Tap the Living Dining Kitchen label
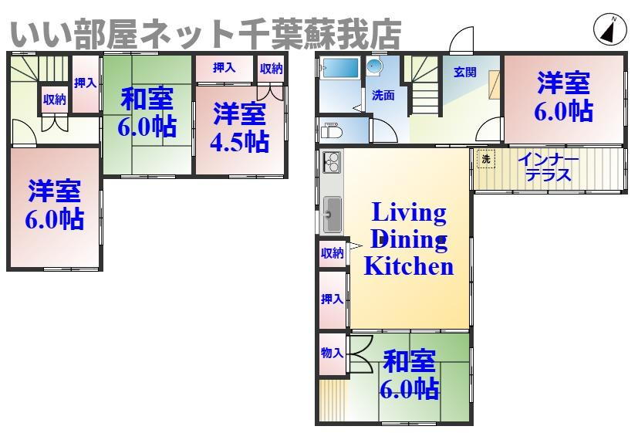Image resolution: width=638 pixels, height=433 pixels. pyautogui.click(x=408, y=239)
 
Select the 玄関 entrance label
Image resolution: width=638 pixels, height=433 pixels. pyautogui.click(x=464, y=73)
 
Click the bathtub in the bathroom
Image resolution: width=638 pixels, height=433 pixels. pyautogui.click(x=339, y=69)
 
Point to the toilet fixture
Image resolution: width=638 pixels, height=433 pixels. pyautogui.click(x=330, y=132)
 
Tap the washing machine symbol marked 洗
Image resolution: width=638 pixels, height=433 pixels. pyautogui.click(x=485, y=159)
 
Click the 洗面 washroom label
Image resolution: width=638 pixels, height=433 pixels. pyautogui.click(x=383, y=96)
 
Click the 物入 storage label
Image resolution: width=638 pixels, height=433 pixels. pyautogui.click(x=332, y=353)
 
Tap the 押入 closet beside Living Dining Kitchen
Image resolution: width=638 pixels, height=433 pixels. pyautogui.click(x=332, y=299)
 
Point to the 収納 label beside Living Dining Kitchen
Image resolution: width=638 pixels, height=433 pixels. pyautogui.click(x=332, y=253)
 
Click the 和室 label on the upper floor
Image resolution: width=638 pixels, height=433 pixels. pyautogui.click(x=147, y=100)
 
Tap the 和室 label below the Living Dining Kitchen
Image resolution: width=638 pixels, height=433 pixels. pyautogui.click(x=410, y=362)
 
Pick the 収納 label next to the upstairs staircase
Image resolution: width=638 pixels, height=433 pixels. pyautogui.click(x=54, y=99)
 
